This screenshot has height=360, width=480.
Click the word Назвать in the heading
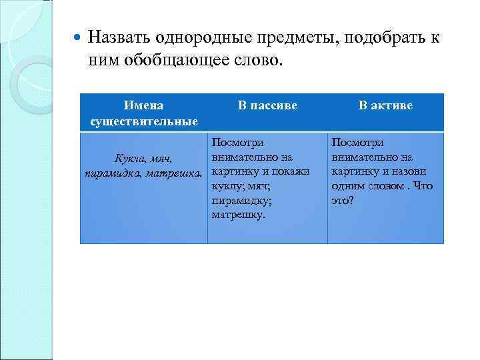click(119, 38)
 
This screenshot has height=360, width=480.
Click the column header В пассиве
click(267, 105)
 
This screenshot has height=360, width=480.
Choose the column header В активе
click(385, 105)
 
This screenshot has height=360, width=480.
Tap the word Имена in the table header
click(144, 105)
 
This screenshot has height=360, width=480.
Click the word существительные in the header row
click(144, 121)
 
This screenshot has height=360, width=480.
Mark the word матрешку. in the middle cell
click(238, 215)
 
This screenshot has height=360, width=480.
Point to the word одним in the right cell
click(346, 186)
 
